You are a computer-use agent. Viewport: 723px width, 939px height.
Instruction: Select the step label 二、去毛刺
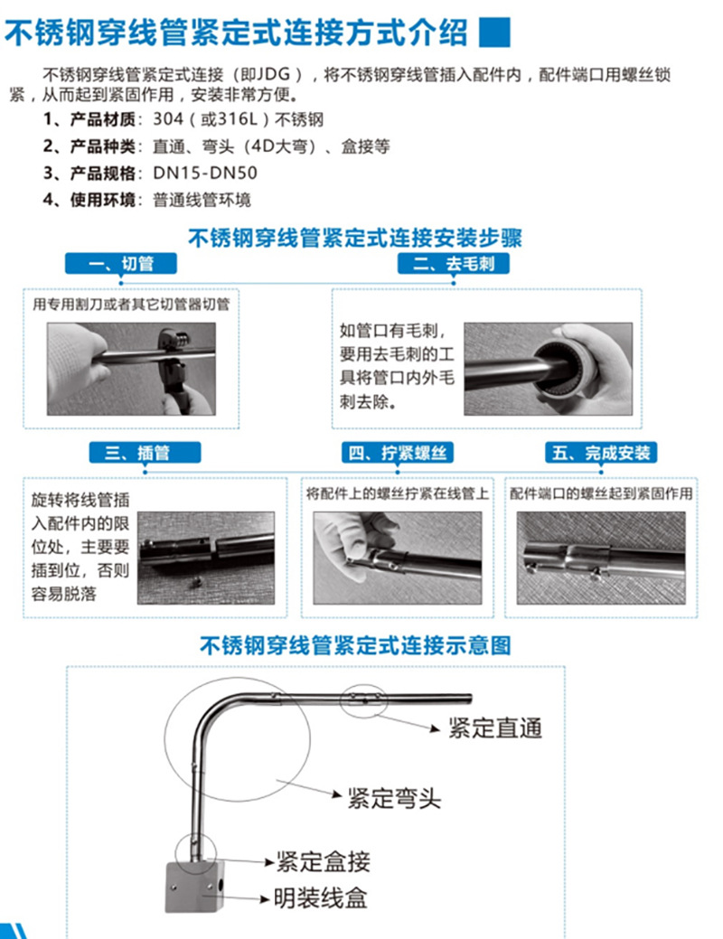click(454, 263)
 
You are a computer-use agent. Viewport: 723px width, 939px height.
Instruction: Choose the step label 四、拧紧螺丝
click(398, 452)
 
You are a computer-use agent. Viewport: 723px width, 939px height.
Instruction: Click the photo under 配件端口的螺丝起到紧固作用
click(600, 557)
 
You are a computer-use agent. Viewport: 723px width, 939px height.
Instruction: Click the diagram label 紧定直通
click(495, 728)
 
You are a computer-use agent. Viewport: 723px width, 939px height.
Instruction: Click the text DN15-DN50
click(185, 174)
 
